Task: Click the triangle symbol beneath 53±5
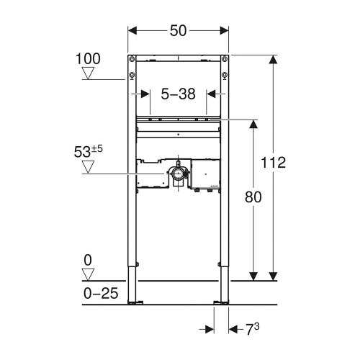tap(88, 168)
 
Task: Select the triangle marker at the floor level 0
tap(89, 274)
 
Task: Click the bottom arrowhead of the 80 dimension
tap(253, 274)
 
